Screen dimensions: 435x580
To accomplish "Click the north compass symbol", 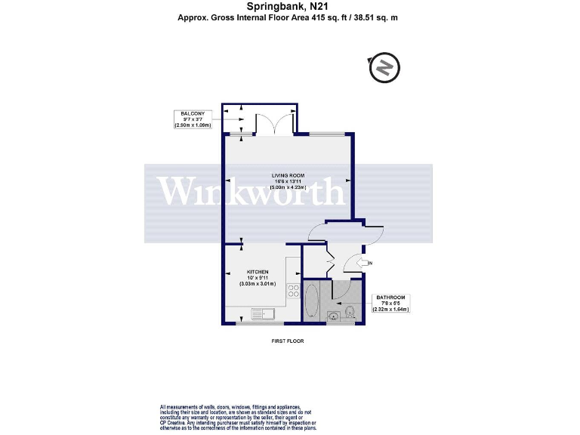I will click(384, 68).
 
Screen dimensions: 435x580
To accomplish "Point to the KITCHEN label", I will click(258, 272).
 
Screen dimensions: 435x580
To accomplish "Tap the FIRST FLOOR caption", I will click(288, 341).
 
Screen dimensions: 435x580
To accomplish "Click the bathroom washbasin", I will click(335, 316).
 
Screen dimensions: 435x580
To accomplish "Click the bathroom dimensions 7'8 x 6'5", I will click(392, 303).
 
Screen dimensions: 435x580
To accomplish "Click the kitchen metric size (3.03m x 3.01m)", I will click(258, 284).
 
